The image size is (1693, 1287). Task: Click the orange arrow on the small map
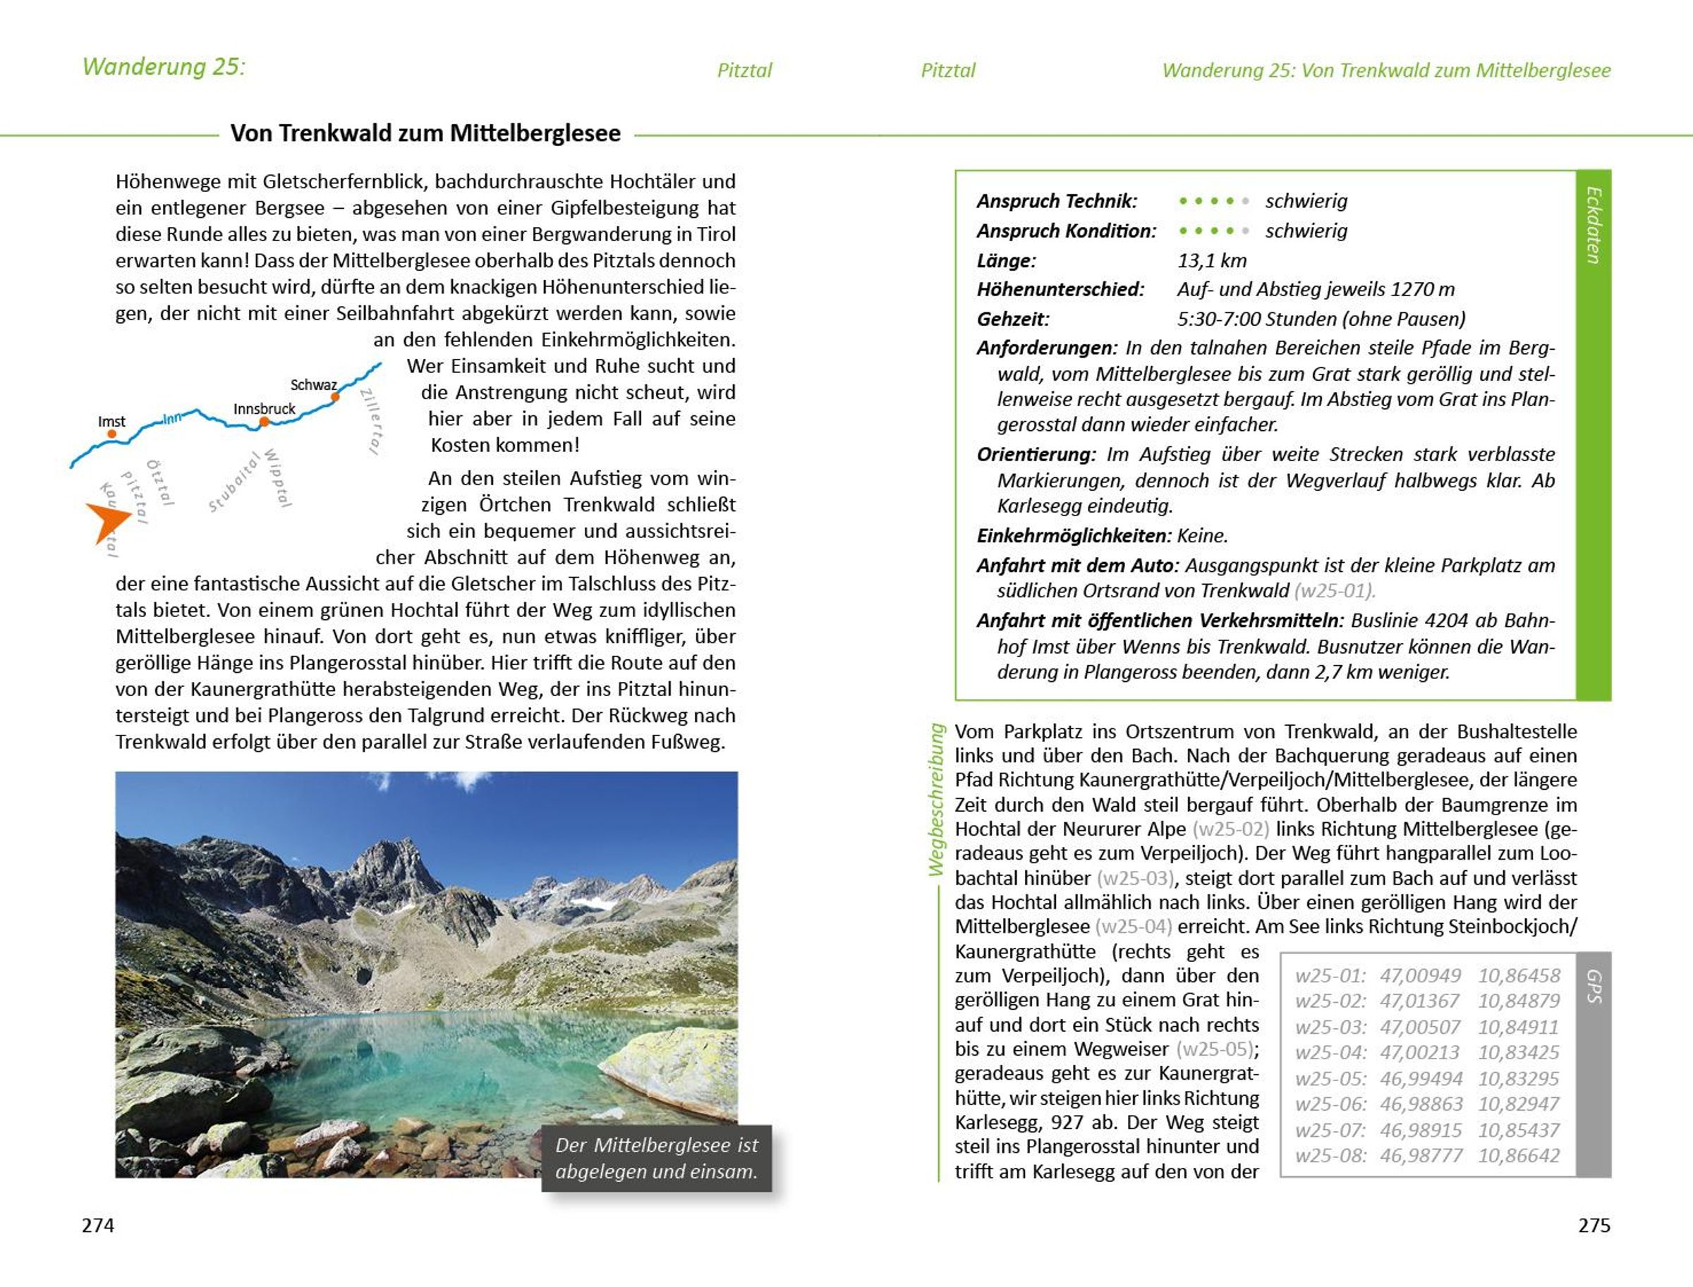click(x=107, y=521)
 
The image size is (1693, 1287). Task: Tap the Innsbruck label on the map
click(x=264, y=408)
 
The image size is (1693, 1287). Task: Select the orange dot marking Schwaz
click(x=335, y=397)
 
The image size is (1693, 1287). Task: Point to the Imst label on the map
click(x=111, y=421)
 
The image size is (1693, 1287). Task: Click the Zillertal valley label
click(x=371, y=420)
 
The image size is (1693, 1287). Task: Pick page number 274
click(x=98, y=1225)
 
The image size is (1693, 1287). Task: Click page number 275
click(x=1594, y=1225)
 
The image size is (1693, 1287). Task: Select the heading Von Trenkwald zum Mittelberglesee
click(x=425, y=133)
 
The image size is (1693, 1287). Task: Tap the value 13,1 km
click(x=1212, y=260)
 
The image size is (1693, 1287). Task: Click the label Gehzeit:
click(x=1012, y=319)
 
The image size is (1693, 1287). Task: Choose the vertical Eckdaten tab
click(x=1594, y=225)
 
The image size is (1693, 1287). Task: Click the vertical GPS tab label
click(x=1594, y=987)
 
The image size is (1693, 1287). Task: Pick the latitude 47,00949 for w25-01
click(x=1420, y=975)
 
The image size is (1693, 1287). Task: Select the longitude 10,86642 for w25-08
click(x=1519, y=1155)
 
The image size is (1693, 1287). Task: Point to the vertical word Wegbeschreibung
click(x=936, y=799)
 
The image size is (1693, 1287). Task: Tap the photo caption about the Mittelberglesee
click(x=656, y=1157)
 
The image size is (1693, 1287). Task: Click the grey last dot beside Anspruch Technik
click(x=1246, y=202)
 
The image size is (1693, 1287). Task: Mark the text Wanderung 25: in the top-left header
click(x=163, y=67)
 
